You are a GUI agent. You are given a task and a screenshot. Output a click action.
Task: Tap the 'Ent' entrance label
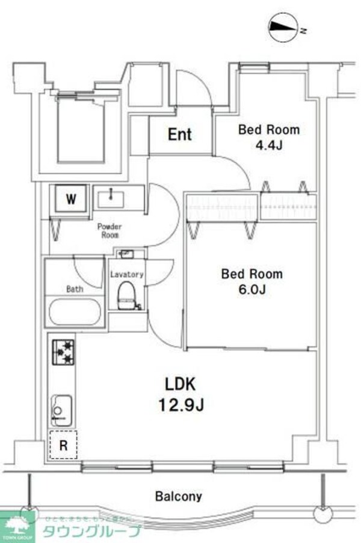[x=179, y=134]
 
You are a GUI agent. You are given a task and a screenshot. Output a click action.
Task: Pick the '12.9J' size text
[x=181, y=404]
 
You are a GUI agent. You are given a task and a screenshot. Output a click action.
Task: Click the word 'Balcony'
[x=179, y=497]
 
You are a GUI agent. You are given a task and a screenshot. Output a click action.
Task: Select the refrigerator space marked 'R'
[x=63, y=447]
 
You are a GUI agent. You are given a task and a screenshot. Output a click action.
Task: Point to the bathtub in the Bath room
[x=75, y=312]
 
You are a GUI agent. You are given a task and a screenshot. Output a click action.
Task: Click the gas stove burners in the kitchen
[x=63, y=352]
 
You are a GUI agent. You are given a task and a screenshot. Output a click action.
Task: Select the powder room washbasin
[x=111, y=197]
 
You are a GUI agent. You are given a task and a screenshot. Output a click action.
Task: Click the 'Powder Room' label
[x=110, y=230]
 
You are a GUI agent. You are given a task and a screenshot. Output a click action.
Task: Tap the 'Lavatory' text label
[x=126, y=274]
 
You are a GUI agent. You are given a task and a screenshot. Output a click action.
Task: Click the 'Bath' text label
[x=75, y=289]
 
